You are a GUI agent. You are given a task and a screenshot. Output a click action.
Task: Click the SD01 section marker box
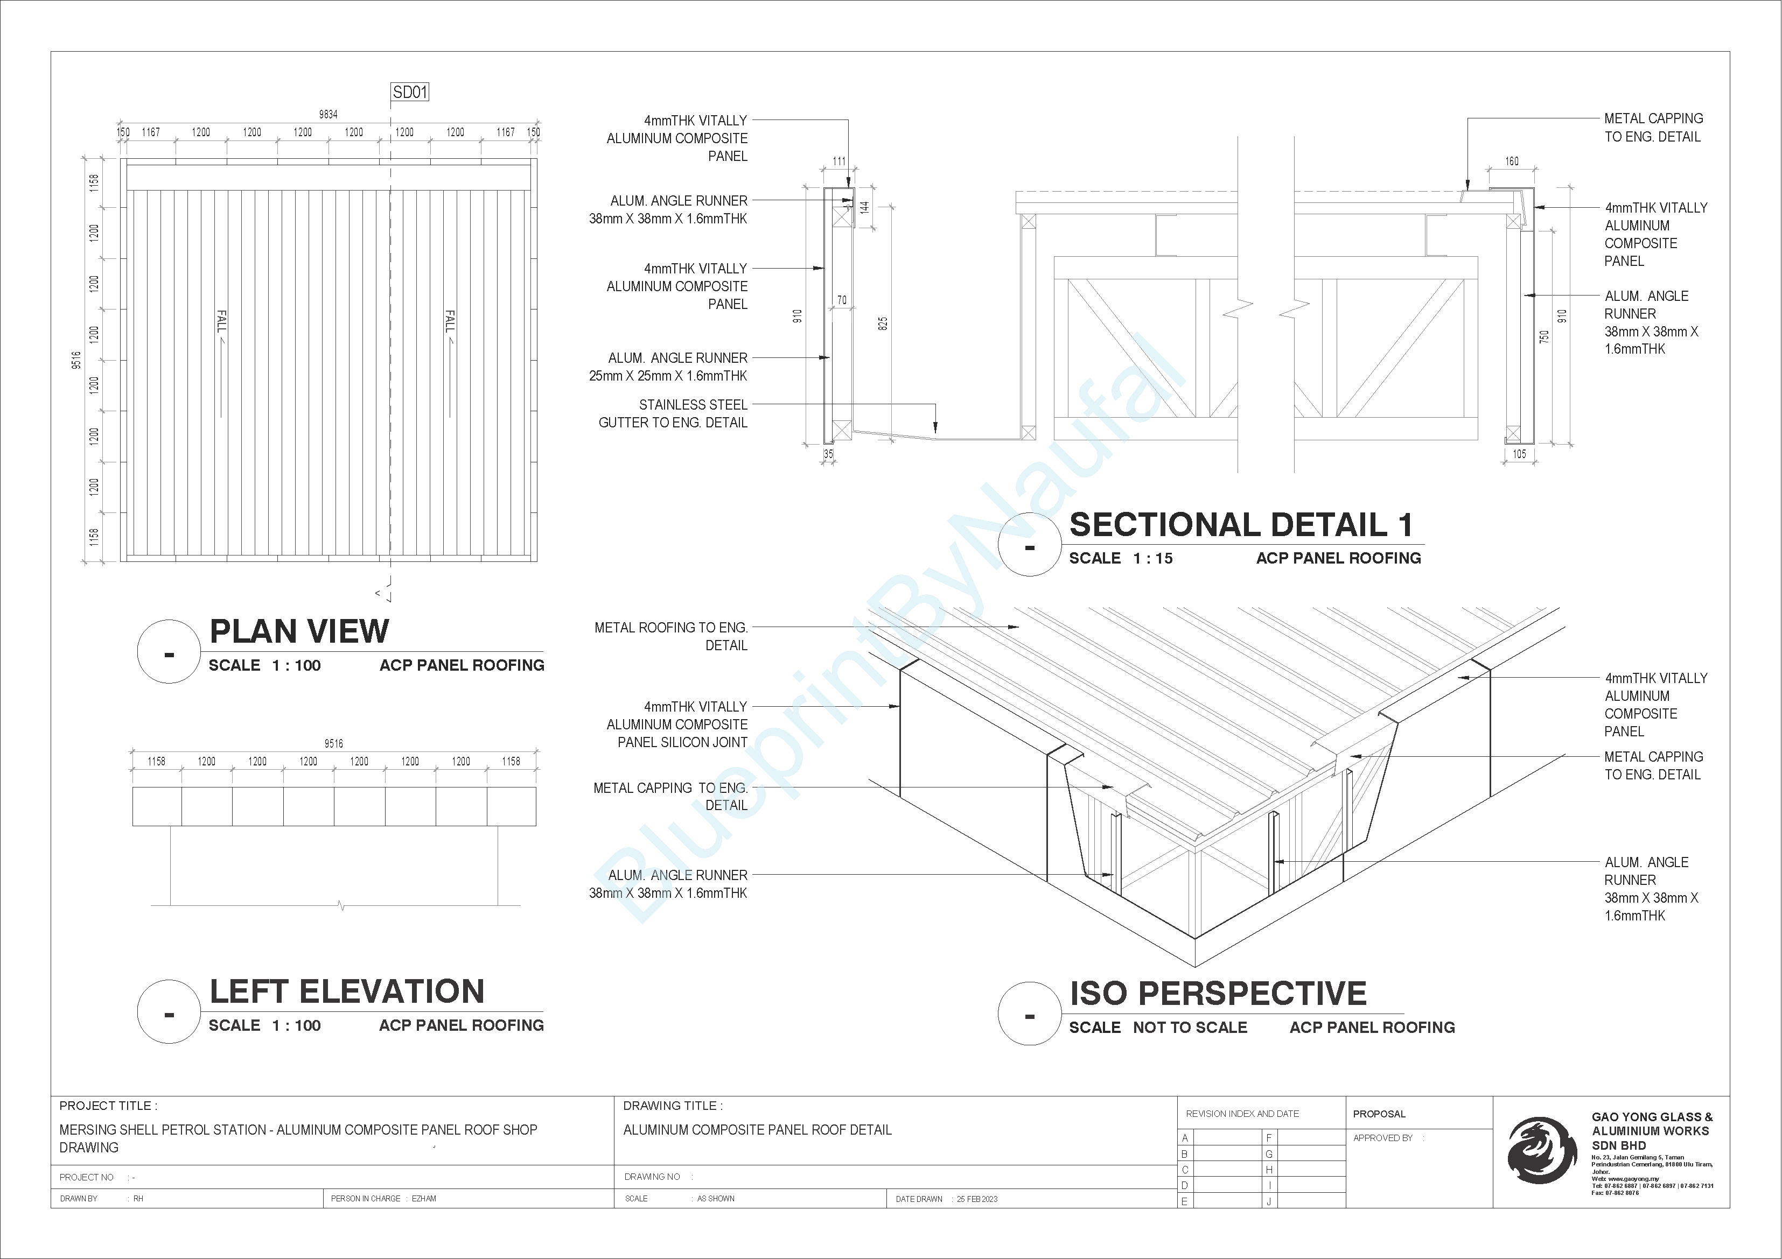[410, 92]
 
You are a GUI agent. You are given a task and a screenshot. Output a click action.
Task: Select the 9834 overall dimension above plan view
[329, 114]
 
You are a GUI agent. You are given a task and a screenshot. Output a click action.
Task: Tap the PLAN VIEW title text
[299, 631]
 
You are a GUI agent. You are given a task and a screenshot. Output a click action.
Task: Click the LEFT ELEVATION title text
[347, 991]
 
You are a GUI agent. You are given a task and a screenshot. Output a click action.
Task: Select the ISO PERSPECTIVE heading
[1218, 994]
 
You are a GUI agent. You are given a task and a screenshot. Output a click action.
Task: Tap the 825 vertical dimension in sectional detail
[883, 323]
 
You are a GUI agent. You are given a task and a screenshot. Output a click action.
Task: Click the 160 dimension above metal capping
[1512, 161]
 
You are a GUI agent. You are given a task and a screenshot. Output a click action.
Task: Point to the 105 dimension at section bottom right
[1519, 454]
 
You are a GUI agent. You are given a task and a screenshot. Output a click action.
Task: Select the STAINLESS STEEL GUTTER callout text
[673, 413]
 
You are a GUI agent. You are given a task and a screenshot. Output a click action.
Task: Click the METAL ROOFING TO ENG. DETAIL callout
[672, 636]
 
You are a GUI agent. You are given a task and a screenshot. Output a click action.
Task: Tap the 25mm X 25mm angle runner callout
[668, 367]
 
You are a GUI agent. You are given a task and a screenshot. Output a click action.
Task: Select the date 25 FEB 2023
[976, 1199]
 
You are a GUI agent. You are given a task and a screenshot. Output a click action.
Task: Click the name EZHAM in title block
[424, 1199]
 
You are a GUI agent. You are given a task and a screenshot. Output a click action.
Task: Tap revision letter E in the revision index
[1184, 1201]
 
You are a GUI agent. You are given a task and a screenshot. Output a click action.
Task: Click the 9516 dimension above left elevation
[334, 743]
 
